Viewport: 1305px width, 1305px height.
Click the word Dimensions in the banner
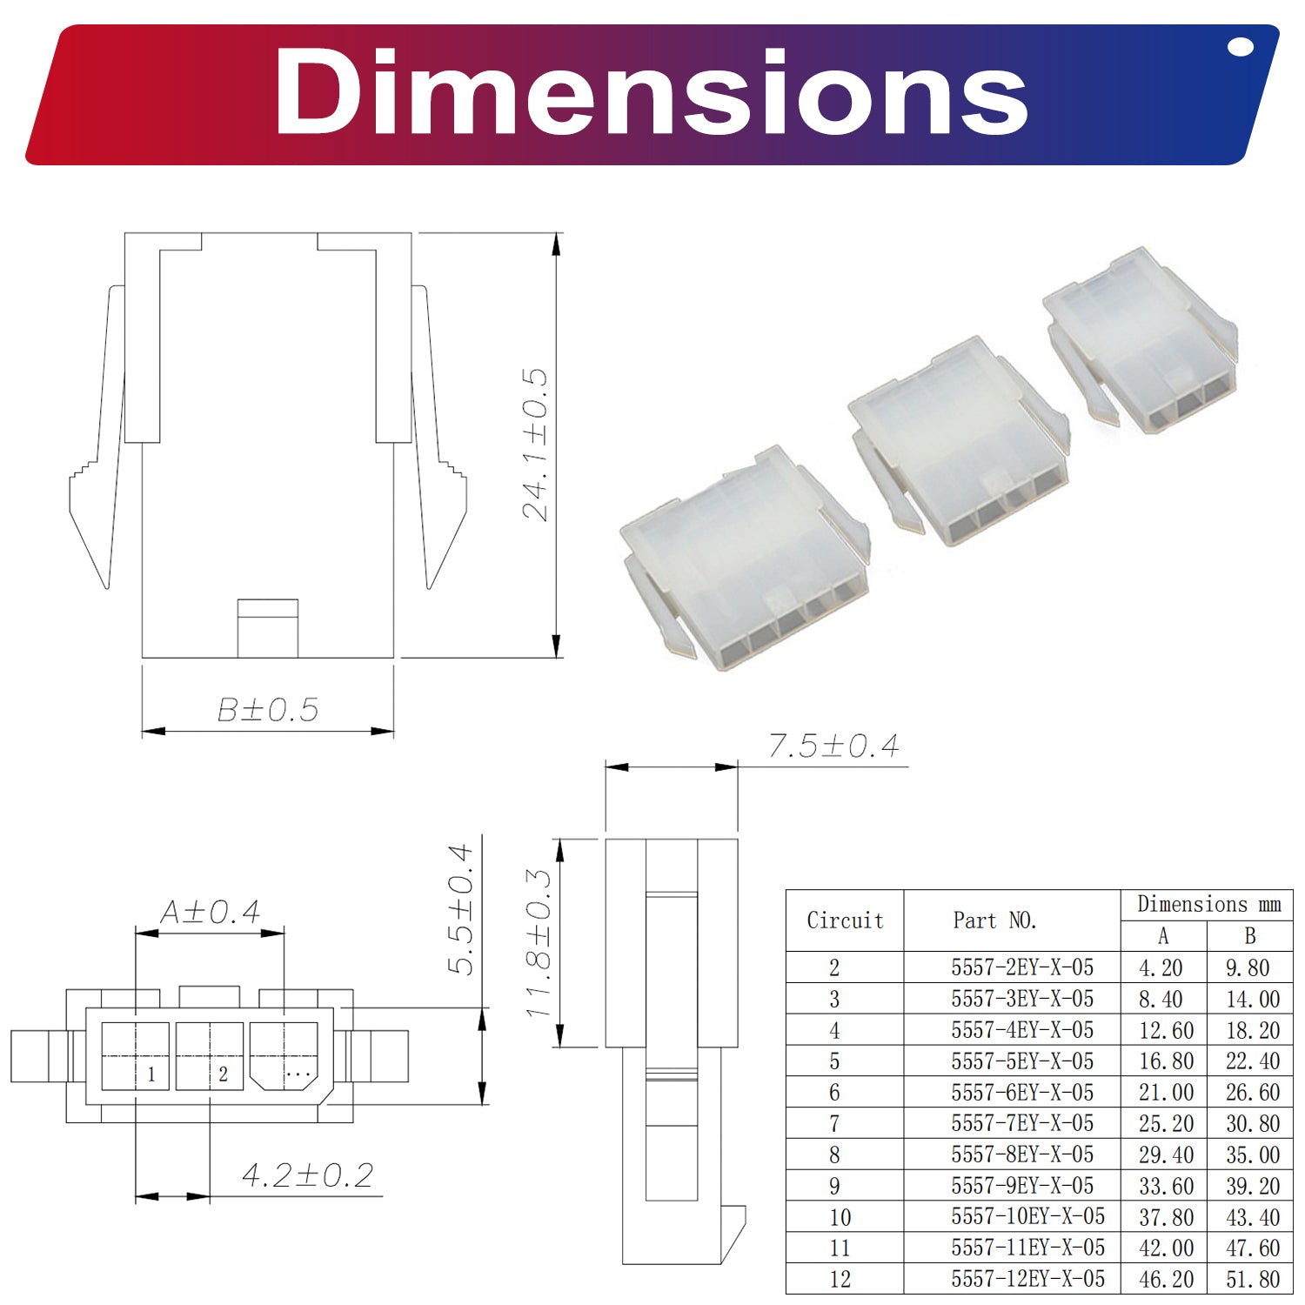point(651,91)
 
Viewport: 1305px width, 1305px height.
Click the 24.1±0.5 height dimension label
point(535,445)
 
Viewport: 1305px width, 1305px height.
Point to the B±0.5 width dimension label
point(268,710)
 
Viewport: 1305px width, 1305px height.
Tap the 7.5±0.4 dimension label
point(833,746)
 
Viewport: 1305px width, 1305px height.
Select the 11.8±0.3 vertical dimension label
point(539,942)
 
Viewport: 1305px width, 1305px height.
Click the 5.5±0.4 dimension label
point(460,909)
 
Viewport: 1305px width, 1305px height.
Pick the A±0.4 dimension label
point(211,912)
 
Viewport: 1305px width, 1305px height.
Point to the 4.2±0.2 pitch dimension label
point(308,1175)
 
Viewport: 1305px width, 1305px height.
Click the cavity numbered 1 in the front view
point(135,1056)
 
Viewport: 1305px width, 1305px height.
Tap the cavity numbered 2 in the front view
point(210,1056)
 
